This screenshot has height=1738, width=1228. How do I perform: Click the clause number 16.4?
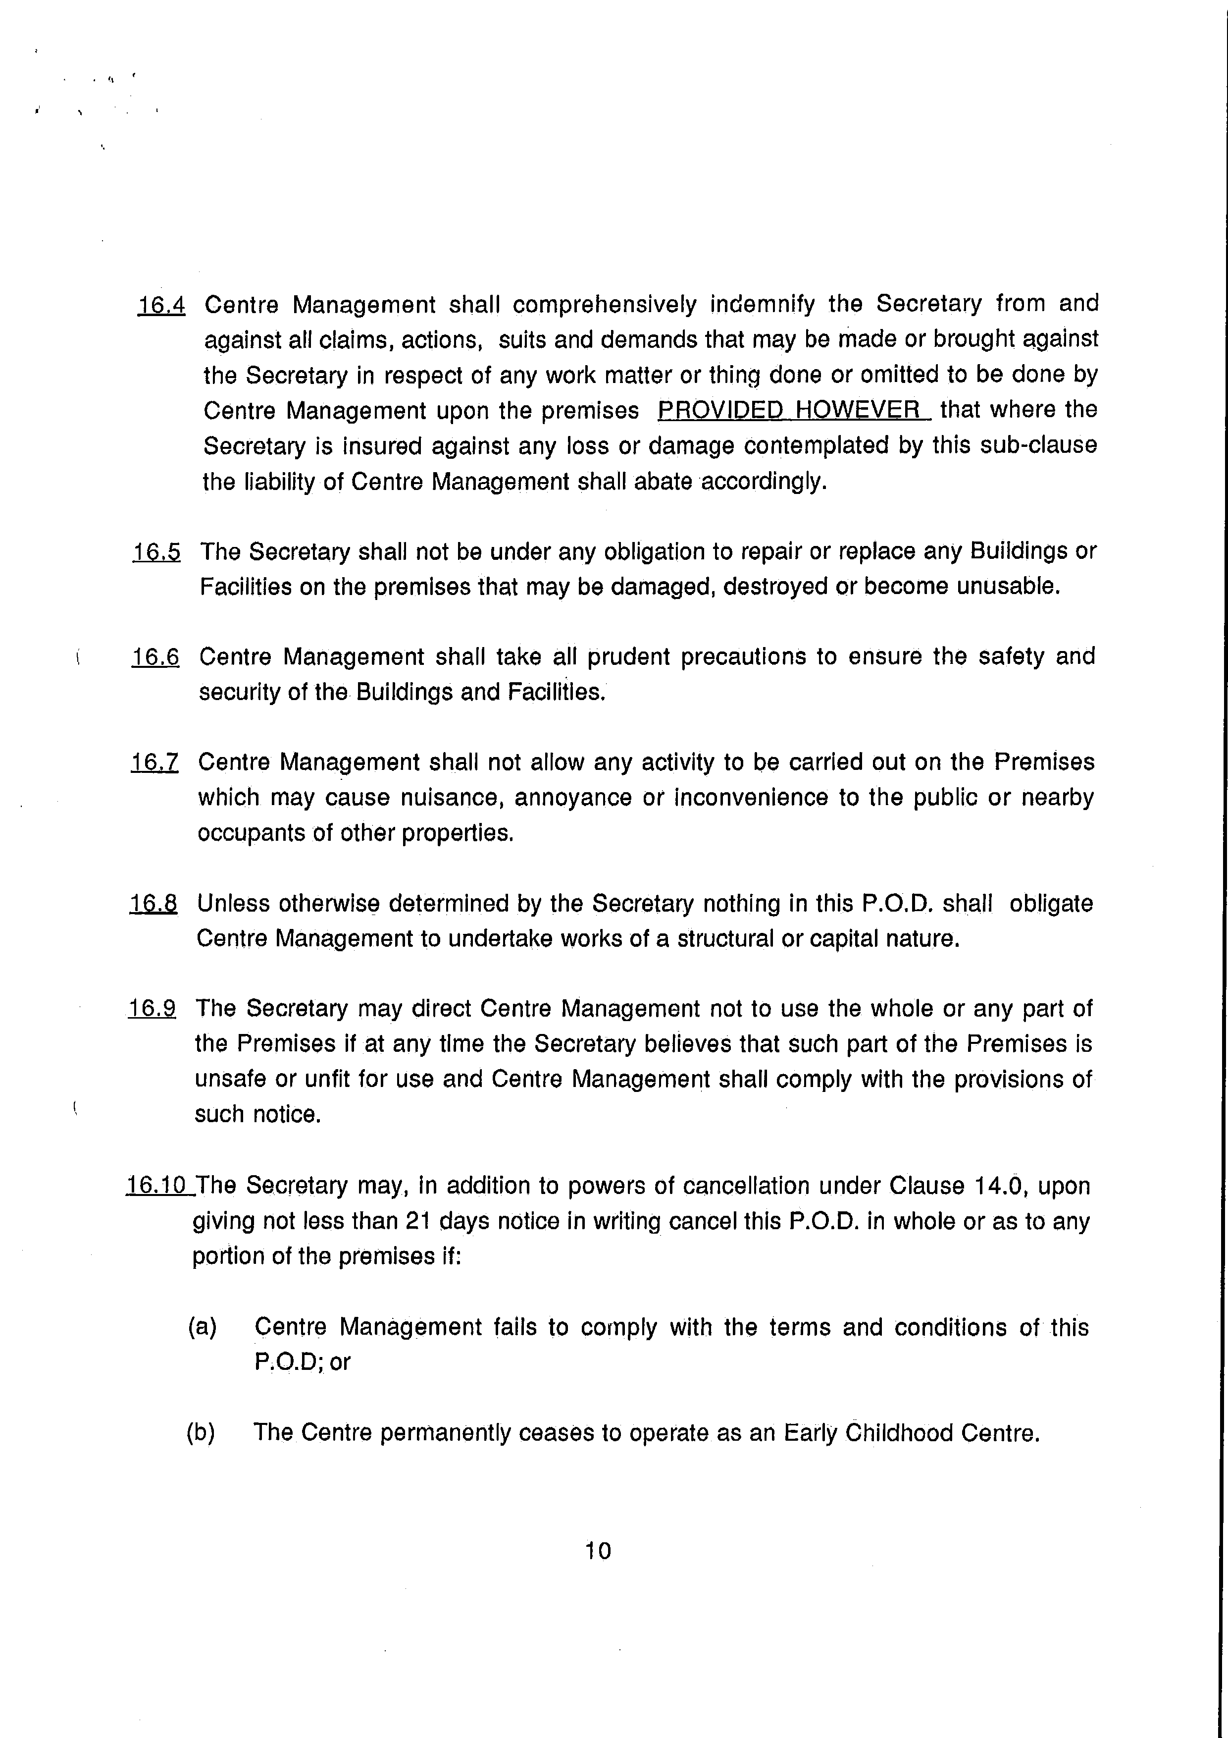[x=161, y=305]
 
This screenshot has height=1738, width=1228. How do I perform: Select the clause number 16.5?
[x=156, y=552]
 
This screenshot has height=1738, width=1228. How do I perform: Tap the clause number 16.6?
[x=155, y=656]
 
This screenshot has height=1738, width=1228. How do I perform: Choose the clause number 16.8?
[x=153, y=903]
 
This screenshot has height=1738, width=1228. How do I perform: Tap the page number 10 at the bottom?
[x=598, y=1551]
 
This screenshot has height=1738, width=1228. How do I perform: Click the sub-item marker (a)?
[x=202, y=1327]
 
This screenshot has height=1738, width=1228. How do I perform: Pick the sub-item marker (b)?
[x=201, y=1432]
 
